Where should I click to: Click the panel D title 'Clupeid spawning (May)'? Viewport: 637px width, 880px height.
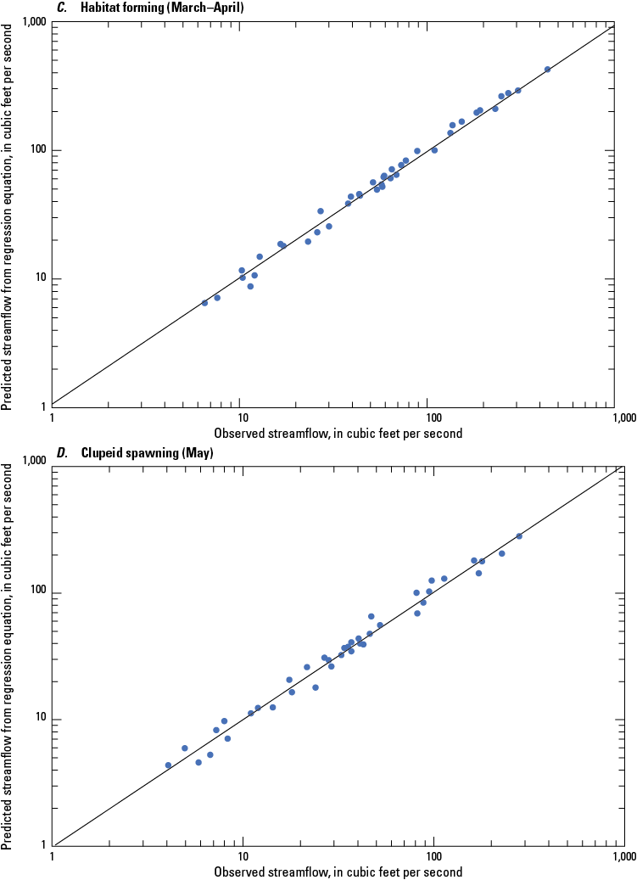(x=147, y=452)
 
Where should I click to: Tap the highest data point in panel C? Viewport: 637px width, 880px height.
(x=547, y=70)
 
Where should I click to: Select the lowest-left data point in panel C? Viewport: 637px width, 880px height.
(x=204, y=303)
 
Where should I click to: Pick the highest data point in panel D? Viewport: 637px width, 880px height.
(x=519, y=536)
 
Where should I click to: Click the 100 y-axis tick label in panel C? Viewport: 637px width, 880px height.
(x=35, y=151)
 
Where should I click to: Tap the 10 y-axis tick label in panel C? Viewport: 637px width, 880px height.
(x=38, y=279)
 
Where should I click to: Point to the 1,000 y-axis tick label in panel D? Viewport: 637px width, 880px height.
(x=31, y=463)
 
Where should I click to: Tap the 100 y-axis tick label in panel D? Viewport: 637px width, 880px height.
(x=35, y=591)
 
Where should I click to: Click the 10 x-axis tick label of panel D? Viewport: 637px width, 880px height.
(x=242, y=858)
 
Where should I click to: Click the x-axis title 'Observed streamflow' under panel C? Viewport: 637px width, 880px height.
(x=338, y=434)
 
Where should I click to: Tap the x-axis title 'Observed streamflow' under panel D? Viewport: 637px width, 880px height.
(x=338, y=872)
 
